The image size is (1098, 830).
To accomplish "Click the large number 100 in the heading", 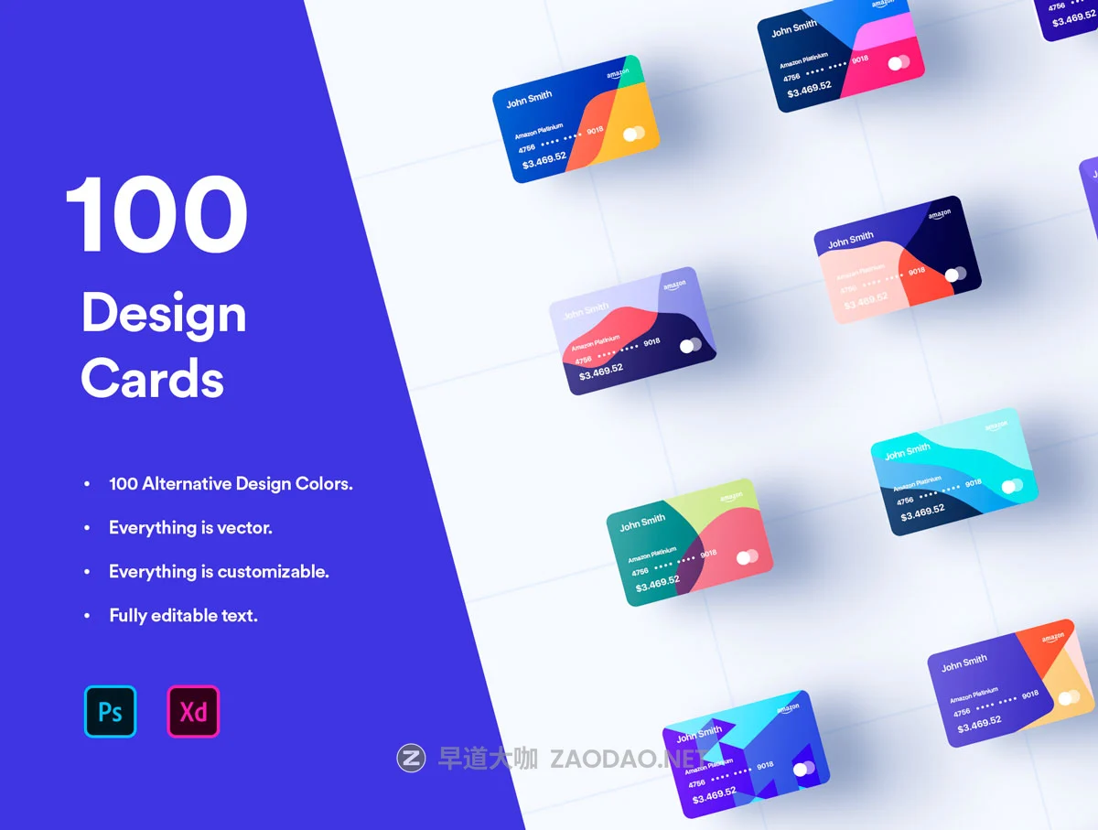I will (x=156, y=217).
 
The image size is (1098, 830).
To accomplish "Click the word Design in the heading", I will (x=164, y=315).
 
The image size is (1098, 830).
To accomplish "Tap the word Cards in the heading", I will (x=152, y=377).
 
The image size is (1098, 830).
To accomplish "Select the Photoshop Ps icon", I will (x=110, y=711).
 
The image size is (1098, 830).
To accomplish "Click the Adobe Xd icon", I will (x=193, y=711).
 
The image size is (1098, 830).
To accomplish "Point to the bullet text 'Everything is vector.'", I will (x=190, y=527).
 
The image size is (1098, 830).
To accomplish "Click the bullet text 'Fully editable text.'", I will (x=183, y=615).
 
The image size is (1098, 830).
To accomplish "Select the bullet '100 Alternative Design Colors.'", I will (x=231, y=483).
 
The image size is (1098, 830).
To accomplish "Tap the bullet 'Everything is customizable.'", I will (x=219, y=571).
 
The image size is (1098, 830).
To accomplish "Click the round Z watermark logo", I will (x=411, y=758).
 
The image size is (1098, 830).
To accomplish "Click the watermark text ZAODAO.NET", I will (x=627, y=759).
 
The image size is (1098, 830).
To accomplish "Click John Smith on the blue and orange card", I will (x=529, y=98).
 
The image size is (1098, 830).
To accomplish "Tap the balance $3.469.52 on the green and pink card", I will (x=657, y=583).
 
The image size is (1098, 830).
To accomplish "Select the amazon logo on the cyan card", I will (x=996, y=426).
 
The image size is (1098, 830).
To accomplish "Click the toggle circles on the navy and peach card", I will (x=955, y=274).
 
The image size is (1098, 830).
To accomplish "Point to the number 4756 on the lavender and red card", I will (x=583, y=360).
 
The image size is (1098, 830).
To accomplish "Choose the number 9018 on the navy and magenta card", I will (x=859, y=59).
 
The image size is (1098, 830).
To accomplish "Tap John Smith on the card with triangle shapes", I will (x=699, y=734).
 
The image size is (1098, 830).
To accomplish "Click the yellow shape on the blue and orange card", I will (x=633, y=124).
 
